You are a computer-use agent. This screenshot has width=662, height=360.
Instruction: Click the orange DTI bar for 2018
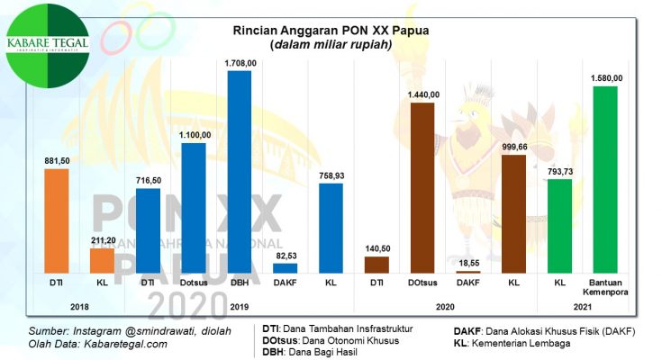click(x=56, y=220)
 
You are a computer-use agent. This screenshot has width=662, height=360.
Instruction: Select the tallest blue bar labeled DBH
click(x=239, y=171)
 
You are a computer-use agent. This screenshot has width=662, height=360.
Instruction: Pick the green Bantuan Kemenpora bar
click(x=605, y=179)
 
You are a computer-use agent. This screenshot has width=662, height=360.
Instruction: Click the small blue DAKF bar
click(x=285, y=267)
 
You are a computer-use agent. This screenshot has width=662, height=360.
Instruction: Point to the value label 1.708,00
click(x=240, y=63)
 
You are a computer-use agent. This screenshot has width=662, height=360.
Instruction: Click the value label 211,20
click(x=102, y=241)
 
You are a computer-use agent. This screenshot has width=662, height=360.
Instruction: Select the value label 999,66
click(x=514, y=147)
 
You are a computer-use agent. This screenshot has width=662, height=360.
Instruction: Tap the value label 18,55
click(x=468, y=262)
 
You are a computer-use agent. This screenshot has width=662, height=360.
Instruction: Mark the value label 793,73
click(x=560, y=171)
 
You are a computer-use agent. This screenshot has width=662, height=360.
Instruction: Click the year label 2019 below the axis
click(x=240, y=307)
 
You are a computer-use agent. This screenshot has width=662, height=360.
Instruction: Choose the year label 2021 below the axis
click(x=583, y=307)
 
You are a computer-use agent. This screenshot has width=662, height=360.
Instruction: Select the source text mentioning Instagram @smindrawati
click(x=130, y=330)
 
